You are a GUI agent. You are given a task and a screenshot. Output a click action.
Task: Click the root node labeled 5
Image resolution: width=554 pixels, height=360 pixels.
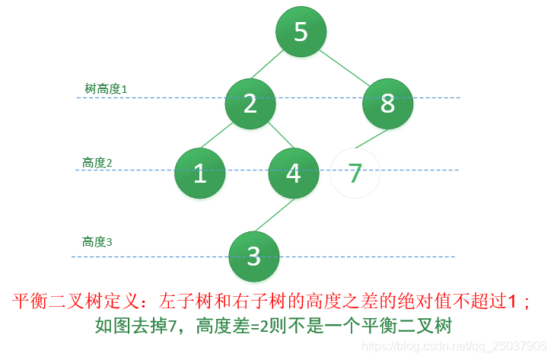coord(301,32)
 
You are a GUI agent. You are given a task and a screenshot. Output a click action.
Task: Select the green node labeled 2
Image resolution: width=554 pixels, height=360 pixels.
coord(250,104)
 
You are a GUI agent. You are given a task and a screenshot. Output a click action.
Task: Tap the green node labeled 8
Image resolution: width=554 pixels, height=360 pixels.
coord(387,104)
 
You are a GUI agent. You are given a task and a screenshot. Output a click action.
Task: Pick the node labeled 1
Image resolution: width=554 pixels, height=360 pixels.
coord(199,173)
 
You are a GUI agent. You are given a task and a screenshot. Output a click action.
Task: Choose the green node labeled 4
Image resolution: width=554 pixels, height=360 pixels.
coord(294,173)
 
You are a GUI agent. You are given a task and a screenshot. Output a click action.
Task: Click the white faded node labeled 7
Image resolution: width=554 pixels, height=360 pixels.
coord(355,173)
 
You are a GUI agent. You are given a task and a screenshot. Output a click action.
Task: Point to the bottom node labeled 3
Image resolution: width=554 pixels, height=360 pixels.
coord(254,255)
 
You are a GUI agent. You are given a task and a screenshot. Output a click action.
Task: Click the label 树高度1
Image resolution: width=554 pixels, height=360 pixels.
coord(106,89)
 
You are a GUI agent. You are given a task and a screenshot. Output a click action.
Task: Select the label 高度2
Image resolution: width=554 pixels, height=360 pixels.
coord(97,163)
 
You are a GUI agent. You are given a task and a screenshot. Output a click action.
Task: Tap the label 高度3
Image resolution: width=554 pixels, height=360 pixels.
coord(97,242)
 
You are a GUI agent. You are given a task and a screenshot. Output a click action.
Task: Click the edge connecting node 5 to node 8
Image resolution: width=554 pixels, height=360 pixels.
coord(344,67)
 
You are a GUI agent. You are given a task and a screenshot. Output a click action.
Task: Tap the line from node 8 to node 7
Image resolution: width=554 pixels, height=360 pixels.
coord(372,139)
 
